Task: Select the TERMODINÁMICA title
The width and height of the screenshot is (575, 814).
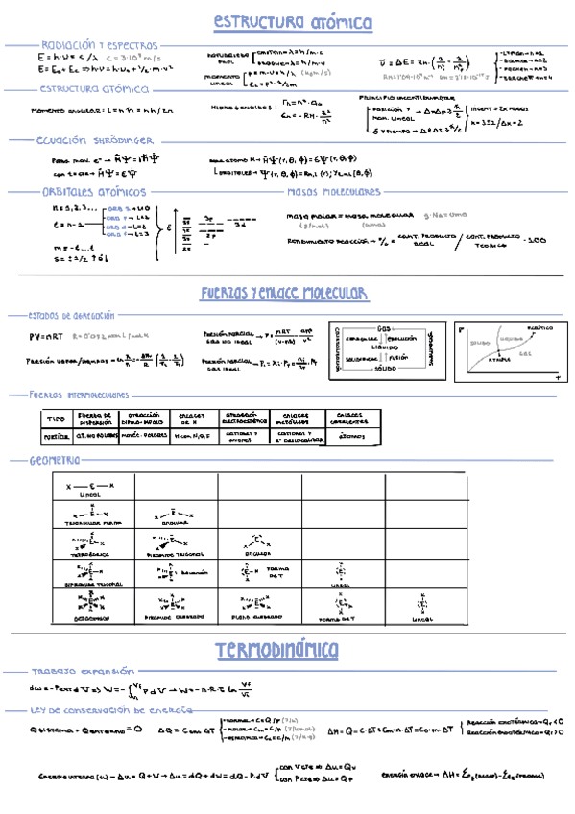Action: pos(277,650)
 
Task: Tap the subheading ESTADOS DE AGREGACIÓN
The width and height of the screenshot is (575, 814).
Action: pos(71,314)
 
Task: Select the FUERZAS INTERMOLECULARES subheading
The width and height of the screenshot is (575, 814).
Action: pos(80,394)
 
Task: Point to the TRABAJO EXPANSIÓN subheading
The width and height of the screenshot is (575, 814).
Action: pos(74,672)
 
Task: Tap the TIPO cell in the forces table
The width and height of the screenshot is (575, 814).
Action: pos(55,418)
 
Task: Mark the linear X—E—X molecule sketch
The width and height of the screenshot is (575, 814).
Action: pos(89,487)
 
